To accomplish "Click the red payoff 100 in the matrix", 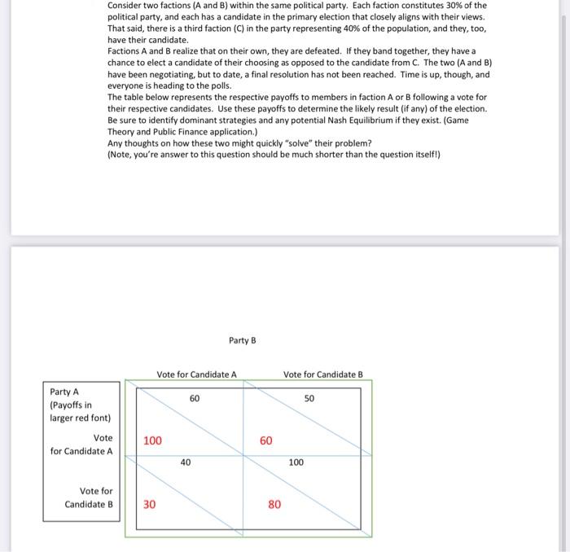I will (x=152, y=440).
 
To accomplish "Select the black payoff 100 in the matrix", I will (x=296, y=462).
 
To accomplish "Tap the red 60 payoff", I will (x=266, y=440).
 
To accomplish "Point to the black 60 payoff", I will (x=195, y=399).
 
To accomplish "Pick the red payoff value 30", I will (x=150, y=504).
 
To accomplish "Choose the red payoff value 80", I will (x=274, y=504).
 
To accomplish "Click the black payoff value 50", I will (x=309, y=399).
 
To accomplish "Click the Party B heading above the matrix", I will (x=242, y=340).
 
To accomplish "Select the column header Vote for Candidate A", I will (x=196, y=375).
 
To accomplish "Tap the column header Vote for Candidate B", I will (x=322, y=375).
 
